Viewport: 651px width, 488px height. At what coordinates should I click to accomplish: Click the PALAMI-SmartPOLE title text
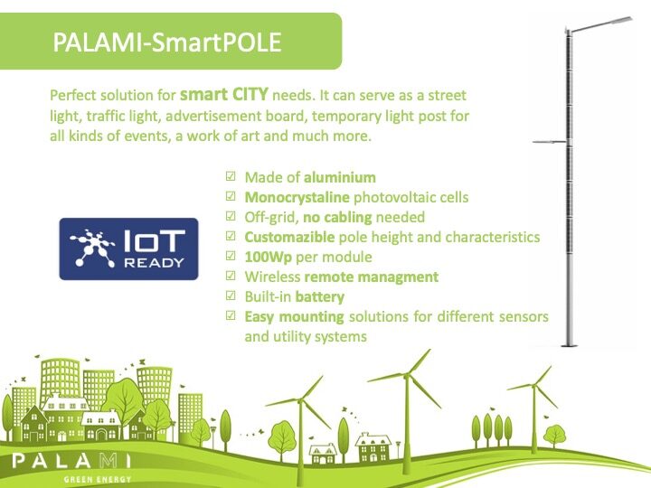167,42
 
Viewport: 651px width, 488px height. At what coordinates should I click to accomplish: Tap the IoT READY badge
128,249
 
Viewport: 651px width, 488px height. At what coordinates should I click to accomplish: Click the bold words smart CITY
224,95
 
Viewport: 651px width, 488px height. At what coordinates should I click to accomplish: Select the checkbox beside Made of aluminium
231,176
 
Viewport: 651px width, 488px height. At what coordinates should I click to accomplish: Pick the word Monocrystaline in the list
297,198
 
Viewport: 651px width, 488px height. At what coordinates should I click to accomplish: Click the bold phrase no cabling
337,217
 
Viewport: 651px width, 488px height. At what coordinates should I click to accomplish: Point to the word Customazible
289,238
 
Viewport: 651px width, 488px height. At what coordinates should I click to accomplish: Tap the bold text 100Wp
269,258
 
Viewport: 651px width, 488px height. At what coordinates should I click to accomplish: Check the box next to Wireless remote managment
231,276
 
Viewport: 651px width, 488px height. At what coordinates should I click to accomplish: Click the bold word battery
320,297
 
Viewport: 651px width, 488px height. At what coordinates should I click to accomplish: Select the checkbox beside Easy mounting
231,315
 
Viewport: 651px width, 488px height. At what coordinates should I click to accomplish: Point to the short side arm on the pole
549,142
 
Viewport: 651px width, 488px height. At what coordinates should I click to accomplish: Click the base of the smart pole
568,344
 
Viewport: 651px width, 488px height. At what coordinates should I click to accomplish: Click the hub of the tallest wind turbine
406,376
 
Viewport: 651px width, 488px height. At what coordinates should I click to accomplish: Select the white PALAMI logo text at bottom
71,461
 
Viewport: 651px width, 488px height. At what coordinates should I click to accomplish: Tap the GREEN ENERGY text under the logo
98,479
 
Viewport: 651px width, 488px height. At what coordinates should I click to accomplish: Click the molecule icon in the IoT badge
93,249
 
